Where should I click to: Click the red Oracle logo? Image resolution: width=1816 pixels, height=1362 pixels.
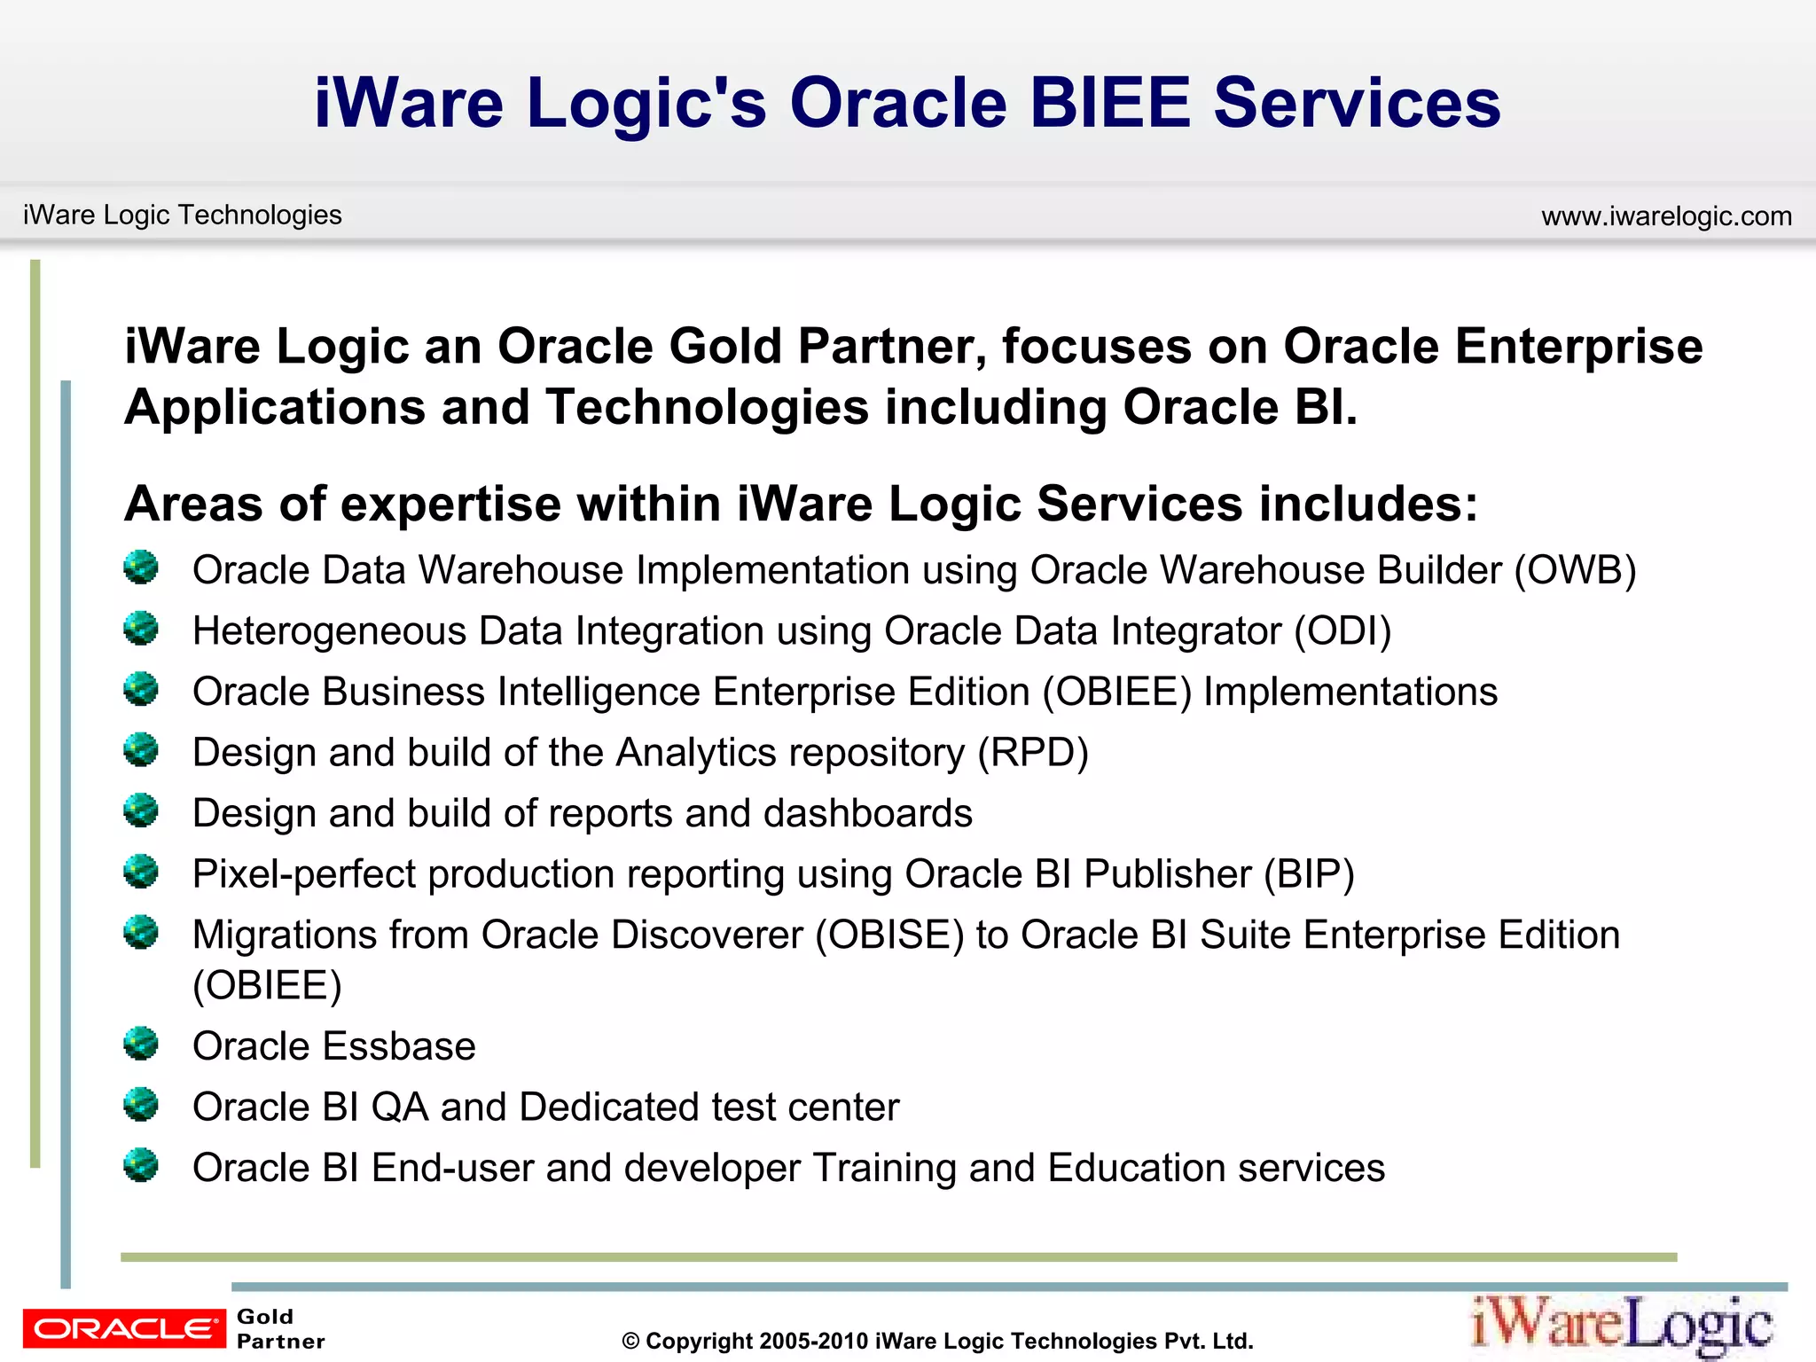[124, 1328]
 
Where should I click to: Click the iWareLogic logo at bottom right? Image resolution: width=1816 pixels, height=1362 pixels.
[1622, 1325]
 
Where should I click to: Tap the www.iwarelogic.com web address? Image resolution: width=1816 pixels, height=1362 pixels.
[1666, 216]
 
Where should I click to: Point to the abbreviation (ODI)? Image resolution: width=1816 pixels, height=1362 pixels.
[1342, 631]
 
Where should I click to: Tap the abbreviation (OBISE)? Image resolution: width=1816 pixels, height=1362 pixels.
[889, 935]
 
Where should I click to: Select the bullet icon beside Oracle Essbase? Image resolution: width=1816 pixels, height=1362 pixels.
[141, 1044]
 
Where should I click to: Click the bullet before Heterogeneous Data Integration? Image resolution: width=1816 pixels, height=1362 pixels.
[141, 629]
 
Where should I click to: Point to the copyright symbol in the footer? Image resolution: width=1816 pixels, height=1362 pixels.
[630, 1342]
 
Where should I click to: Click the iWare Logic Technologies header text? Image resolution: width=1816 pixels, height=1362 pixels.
[182, 215]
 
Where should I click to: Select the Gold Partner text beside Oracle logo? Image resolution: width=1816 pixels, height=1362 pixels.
[279, 1328]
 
